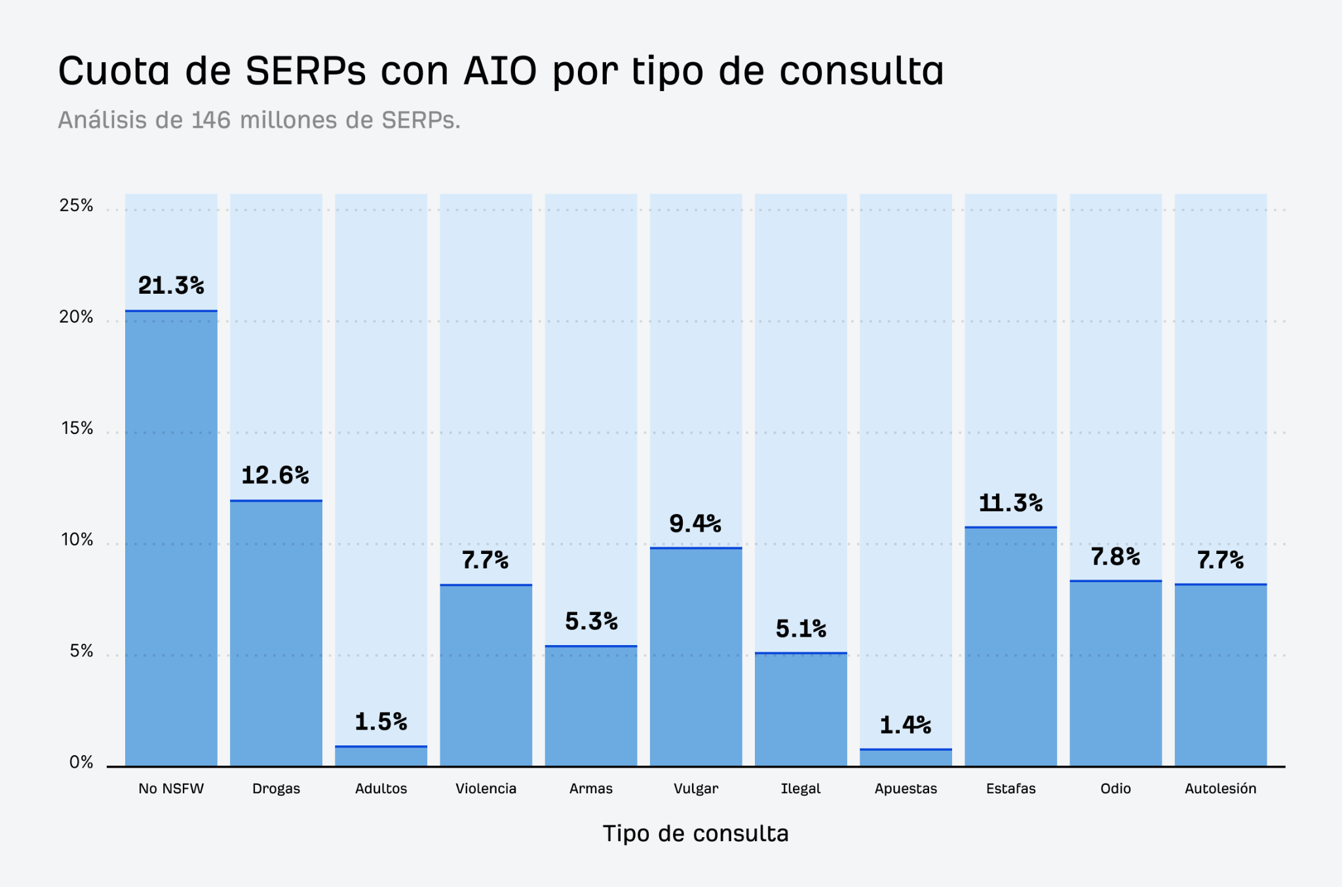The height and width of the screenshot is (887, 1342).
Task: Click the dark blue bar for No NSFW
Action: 171,538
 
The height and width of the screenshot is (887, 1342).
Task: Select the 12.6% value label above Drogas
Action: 275,475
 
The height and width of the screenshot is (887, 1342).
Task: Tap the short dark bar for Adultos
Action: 381,757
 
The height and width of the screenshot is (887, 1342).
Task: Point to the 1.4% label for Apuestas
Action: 905,725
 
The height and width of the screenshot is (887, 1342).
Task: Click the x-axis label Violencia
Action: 486,789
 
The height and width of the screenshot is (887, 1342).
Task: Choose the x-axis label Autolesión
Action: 1220,789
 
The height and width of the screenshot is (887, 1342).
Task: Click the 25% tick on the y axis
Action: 76,206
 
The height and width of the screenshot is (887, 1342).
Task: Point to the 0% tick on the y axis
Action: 81,762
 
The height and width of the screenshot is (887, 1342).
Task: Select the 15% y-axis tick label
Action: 76,429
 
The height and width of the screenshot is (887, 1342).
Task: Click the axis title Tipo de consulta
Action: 695,833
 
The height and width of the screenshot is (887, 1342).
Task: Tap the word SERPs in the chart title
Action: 305,71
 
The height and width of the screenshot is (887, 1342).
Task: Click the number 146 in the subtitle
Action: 211,120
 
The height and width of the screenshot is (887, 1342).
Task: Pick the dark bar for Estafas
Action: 1010,646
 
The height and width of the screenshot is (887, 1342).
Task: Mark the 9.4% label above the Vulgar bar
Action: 695,523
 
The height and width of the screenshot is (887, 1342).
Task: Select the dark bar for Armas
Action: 590,705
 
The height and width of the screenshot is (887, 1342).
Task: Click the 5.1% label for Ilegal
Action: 801,629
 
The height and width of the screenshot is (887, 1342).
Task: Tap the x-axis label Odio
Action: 1115,789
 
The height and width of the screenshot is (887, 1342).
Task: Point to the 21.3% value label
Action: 171,286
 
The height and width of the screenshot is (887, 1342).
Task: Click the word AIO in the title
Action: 500,71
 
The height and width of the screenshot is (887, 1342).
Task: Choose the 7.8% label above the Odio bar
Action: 1115,557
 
